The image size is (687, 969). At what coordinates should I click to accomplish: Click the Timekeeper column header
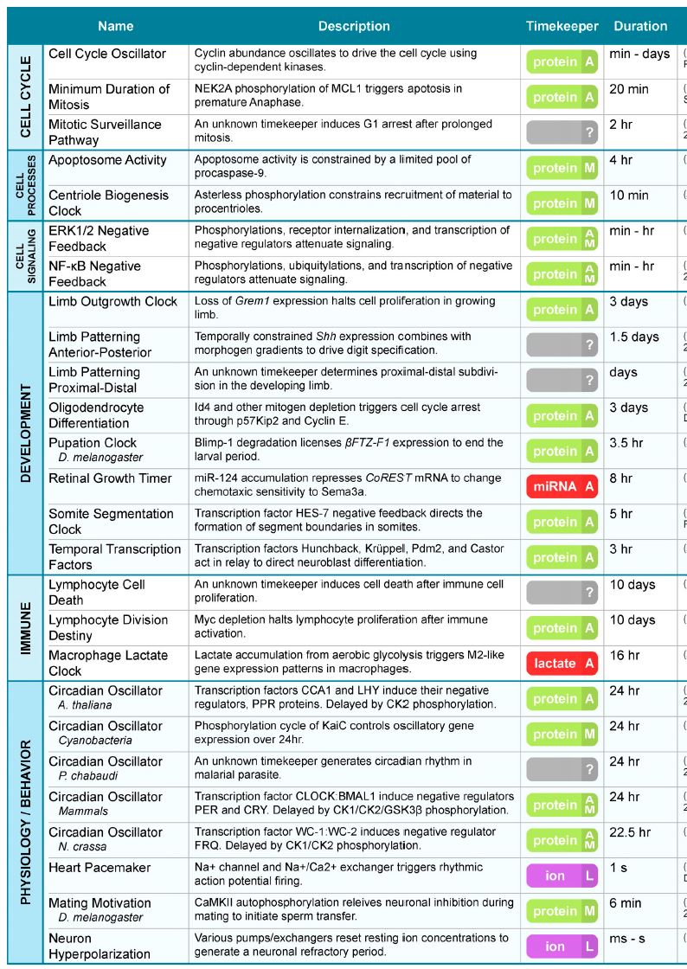point(562,26)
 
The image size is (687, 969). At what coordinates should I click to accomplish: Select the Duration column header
point(640,26)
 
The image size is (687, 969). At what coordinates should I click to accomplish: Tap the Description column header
point(354,26)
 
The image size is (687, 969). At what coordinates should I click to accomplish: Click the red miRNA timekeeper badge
point(562,487)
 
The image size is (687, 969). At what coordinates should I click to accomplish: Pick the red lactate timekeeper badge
point(562,664)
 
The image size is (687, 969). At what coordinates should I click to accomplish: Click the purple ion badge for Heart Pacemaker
point(562,876)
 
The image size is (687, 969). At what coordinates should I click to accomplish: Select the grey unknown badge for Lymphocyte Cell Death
point(562,593)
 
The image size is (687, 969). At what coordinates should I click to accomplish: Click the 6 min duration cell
point(626,903)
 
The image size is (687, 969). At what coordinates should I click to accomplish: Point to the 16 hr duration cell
point(625,655)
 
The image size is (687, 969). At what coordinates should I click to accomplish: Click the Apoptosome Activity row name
point(107,160)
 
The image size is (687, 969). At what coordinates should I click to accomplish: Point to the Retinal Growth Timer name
point(110,478)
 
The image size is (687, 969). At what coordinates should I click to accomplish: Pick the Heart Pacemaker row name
point(100,868)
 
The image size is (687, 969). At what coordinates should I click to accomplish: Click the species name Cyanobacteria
point(95,741)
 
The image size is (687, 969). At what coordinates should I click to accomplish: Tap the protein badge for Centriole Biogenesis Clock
point(562,203)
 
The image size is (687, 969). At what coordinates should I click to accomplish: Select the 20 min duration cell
point(629,89)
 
